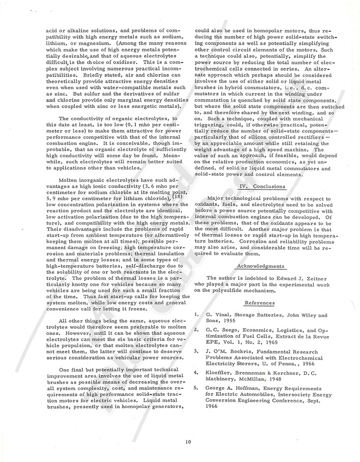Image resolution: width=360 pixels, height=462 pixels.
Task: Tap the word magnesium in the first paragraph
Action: coord(98,43)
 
